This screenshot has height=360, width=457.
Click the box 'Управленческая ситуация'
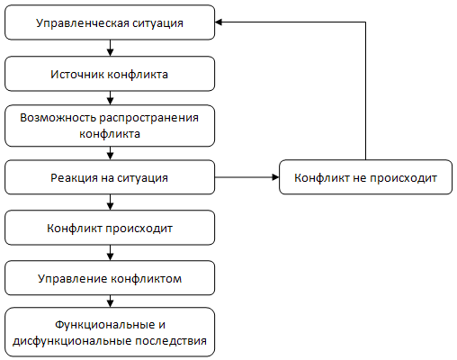pyautogui.click(x=110, y=22)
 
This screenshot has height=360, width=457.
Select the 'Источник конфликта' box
pyautogui.click(x=110, y=74)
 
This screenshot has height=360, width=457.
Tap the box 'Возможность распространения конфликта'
pyautogui.click(x=110, y=126)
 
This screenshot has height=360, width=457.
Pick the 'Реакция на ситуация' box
pyautogui.click(x=110, y=177)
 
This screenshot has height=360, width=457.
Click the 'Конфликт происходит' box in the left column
pyautogui.click(x=110, y=228)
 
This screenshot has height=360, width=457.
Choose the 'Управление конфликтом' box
pyautogui.click(x=110, y=278)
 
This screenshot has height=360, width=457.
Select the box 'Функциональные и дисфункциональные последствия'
pyautogui.click(x=110, y=332)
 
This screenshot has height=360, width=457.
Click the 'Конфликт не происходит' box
pyautogui.click(x=365, y=177)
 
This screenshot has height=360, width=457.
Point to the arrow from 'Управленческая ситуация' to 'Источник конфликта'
pyautogui.click(x=110, y=48)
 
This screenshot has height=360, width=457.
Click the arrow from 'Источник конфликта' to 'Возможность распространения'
pyautogui.click(x=110, y=98)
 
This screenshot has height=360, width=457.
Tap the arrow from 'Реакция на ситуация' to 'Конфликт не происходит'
pyautogui.click(x=247, y=177)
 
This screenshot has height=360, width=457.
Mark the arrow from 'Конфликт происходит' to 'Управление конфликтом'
pyautogui.click(x=110, y=253)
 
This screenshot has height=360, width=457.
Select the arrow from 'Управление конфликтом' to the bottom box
pyautogui.click(x=110, y=301)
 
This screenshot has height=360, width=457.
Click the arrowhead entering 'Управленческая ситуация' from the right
pyautogui.click(x=219, y=22)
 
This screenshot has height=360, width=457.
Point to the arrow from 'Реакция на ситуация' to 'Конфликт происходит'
pyautogui.click(x=110, y=202)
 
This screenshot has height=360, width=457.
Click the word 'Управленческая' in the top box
pyautogui.click(x=82, y=23)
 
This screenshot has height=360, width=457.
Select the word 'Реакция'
pyautogui.click(x=74, y=178)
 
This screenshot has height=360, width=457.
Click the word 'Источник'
pyautogui.click(x=77, y=75)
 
